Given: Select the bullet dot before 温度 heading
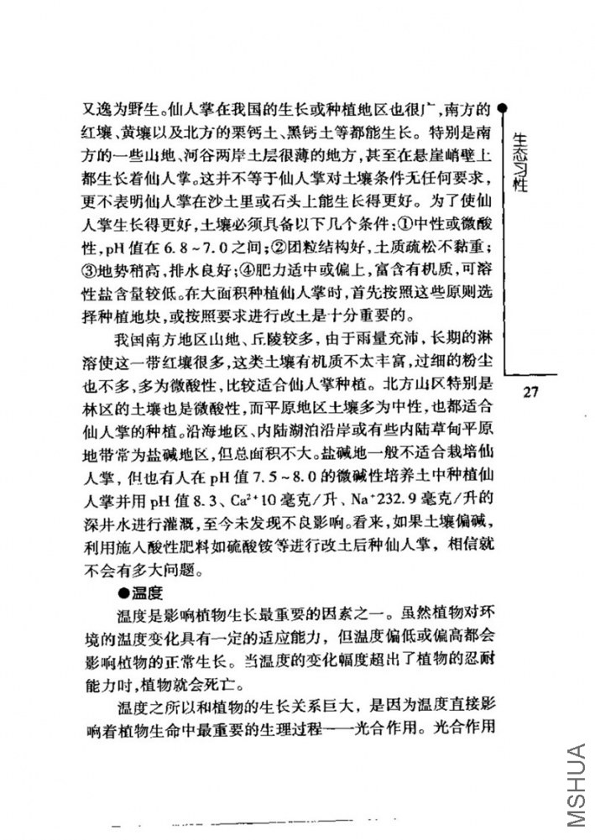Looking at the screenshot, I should tap(123, 592).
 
